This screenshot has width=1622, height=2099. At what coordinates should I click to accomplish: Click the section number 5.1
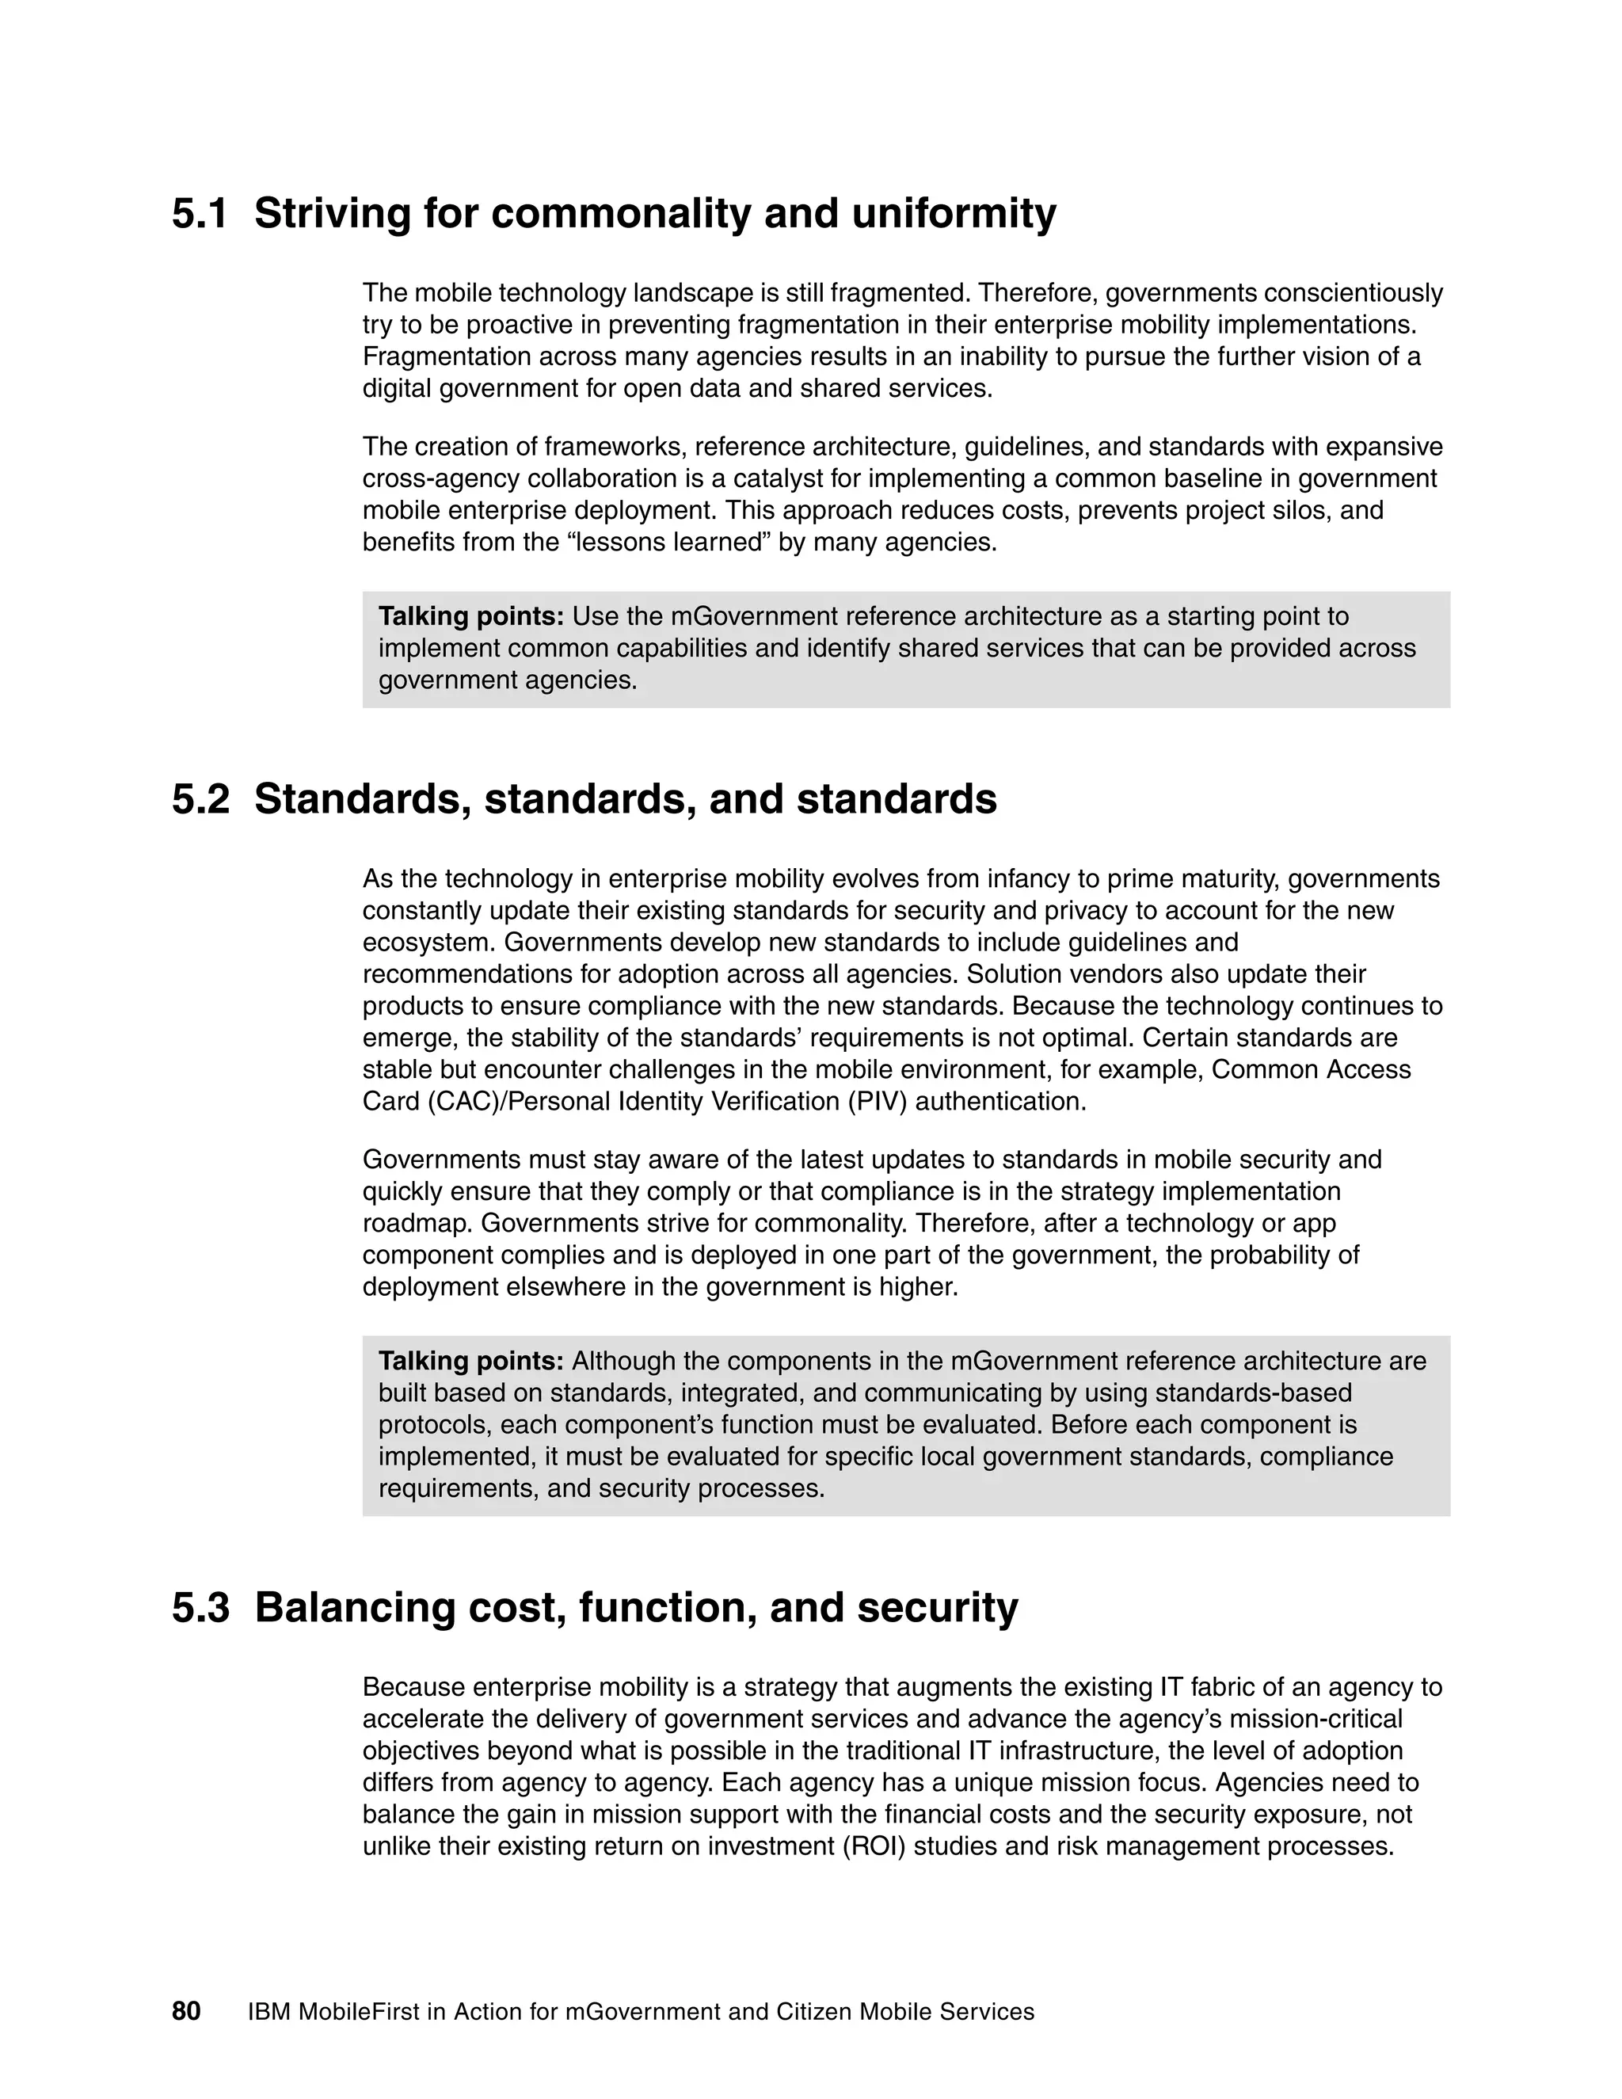pyautogui.click(x=200, y=213)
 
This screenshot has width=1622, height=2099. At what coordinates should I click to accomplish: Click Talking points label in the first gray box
pyautogui.click(x=471, y=616)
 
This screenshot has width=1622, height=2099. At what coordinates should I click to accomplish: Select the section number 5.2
pyautogui.click(x=200, y=800)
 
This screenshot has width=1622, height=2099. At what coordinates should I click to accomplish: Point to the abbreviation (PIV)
pyautogui.click(x=877, y=1102)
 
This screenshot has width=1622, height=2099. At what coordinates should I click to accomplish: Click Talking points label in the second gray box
pyautogui.click(x=471, y=1361)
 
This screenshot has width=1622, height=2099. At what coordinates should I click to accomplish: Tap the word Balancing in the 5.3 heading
pyautogui.click(x=353, y=1608)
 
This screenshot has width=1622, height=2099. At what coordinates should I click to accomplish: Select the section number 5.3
pyautogui.click(x=200, y=1608)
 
